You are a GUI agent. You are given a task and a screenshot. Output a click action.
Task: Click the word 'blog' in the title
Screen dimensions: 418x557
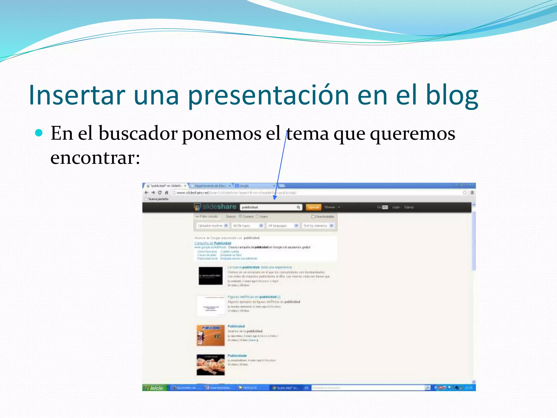pos(451,95)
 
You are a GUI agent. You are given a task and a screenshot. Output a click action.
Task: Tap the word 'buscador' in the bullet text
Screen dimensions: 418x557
pos(138,133)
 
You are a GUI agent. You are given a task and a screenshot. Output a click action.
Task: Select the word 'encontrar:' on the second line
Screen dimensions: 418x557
pos(95,158)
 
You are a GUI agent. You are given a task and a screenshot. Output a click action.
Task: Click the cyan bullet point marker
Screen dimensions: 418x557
pos(39,133)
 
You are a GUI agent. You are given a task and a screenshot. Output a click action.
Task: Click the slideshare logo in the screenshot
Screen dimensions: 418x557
pos(215,207)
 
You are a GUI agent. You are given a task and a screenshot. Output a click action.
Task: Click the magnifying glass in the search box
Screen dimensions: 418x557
pos(298,207)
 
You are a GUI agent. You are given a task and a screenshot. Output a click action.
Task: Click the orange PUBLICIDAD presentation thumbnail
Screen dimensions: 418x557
pos(211,335)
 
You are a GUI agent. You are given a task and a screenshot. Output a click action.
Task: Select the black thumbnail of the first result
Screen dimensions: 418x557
pos(210,276)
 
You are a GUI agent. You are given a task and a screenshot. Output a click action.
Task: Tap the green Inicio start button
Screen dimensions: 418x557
pos(154,388)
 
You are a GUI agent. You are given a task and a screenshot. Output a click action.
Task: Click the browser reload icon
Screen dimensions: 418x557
pos(160,193)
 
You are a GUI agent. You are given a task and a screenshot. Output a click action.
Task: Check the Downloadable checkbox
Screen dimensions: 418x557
pos(313,217)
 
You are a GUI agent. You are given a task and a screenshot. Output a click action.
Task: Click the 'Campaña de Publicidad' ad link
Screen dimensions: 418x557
pos(213,243)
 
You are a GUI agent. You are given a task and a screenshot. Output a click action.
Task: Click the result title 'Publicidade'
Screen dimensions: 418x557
pos(237,356)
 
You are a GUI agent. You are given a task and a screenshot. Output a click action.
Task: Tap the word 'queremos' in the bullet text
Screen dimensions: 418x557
pos(412,133)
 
